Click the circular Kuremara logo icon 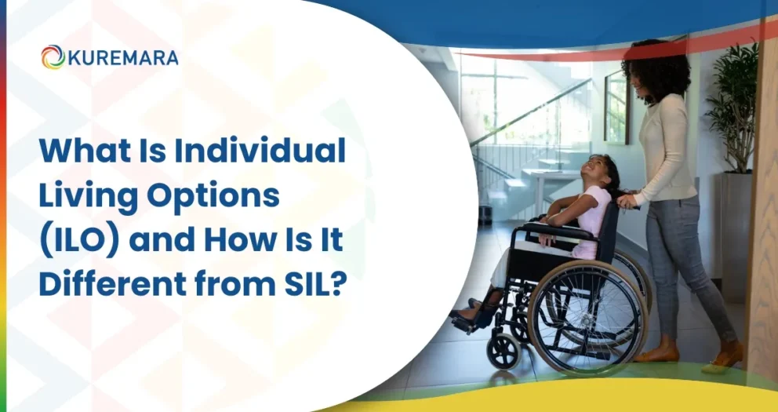tap(53, 57)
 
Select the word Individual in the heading tap(260, 150)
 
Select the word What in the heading tap(78, 150)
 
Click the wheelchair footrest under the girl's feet tap(471, 318)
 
